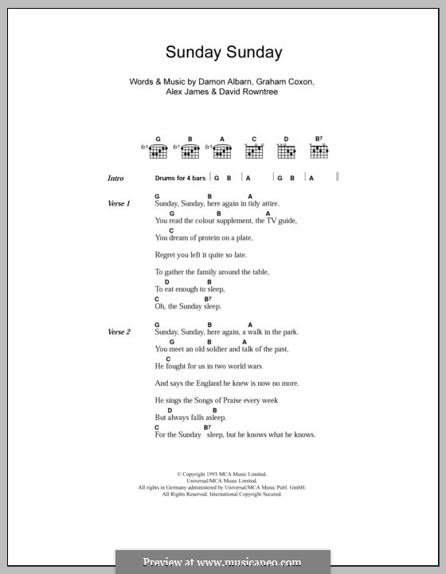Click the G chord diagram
point(158,148)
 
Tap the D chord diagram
point(286,148)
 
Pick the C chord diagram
point(254,148)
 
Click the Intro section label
point(115,179)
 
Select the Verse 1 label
point(119,204)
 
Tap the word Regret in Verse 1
point(166,254)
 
